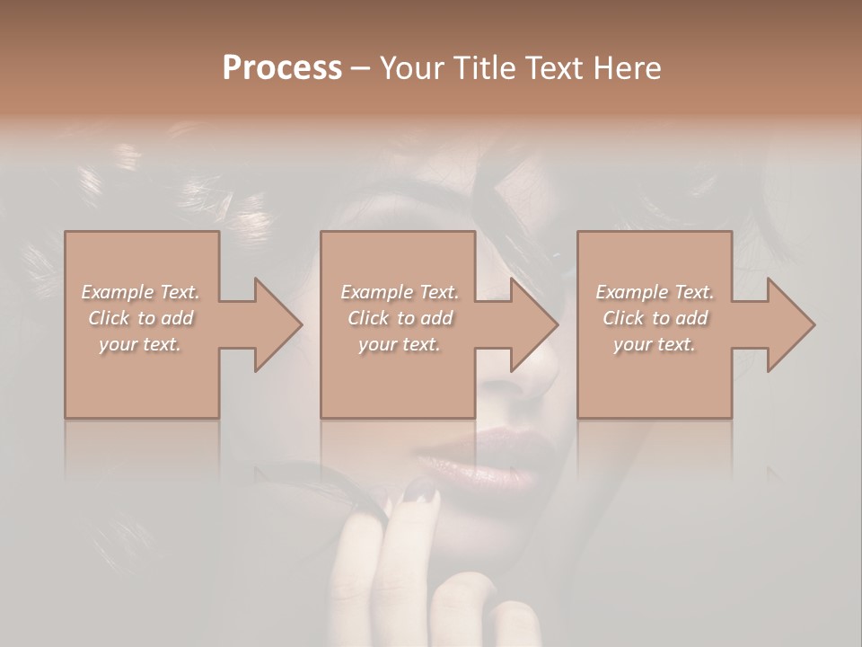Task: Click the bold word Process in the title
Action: point(282,68)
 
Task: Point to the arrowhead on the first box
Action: point(274,324)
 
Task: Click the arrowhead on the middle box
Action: point(531,324)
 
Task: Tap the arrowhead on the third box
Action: point(787,324)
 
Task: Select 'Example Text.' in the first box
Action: point(140,291)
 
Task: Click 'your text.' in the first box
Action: point(140,344)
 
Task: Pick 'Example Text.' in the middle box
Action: point(399,291)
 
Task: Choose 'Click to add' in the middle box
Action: point(399,318)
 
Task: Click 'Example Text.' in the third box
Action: point(655,291)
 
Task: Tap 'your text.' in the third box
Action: point(655,344)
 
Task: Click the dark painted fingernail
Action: point(419,489)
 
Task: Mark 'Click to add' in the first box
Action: point(140,318)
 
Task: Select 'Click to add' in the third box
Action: point(655,318)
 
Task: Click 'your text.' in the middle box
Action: point(399,344)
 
